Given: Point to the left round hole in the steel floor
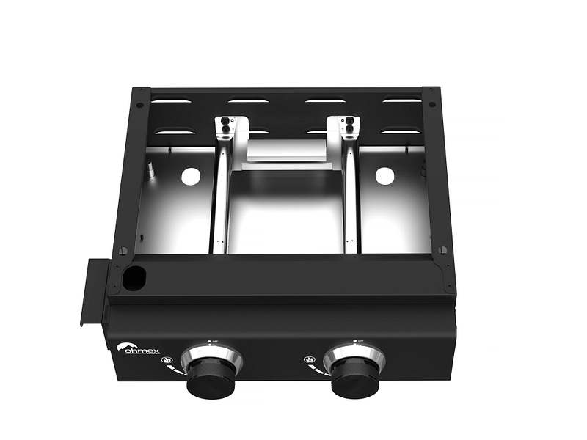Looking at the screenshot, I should click(x=190, y=176).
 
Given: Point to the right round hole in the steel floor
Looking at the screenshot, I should click(x=384, y=176).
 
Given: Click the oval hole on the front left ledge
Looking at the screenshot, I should click(x=134, y=276).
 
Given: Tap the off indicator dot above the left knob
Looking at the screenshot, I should click(x=210, y=341).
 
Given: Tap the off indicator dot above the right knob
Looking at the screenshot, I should click(x=353, y=340).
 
